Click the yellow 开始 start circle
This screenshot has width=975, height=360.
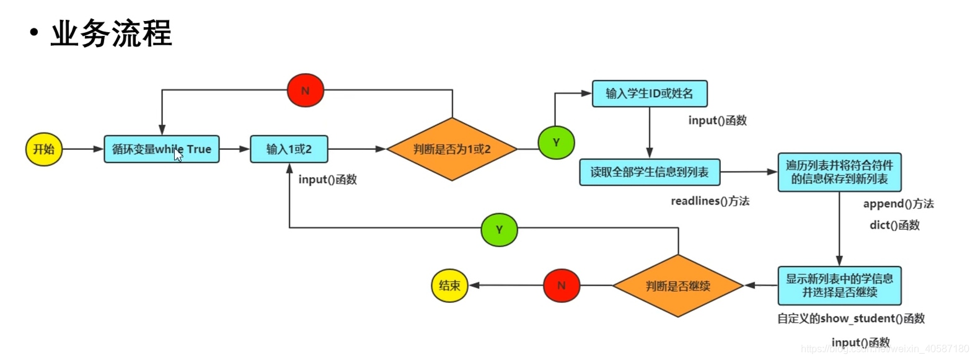tap(44, 149)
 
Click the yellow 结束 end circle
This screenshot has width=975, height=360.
tap(449, 286)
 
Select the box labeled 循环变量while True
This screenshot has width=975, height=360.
tap(161, 149)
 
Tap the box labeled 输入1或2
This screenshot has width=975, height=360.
tap(289, 149)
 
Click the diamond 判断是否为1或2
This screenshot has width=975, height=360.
tap(452, 149)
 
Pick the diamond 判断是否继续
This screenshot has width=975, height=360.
tap(677, 286)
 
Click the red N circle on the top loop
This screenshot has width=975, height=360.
tap(305, 90)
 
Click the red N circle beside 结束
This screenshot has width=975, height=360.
tap(561, 286)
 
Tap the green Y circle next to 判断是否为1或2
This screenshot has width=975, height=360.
tap(556, 143)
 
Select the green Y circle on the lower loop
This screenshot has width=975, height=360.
tap(499, 230)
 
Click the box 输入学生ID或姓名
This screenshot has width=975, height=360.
tap(649, 94)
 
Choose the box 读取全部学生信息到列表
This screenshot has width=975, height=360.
tap(649, 172)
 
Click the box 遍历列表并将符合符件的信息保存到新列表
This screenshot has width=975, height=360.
tap(839, 172)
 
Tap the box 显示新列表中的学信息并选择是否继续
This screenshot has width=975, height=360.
tap(839, 286)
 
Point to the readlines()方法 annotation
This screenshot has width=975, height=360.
tap(710, 201)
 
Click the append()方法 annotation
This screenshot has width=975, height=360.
tap(898, 204)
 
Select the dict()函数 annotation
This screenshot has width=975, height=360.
tap(894, 225)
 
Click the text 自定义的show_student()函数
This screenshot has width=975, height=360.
tap(850, 318)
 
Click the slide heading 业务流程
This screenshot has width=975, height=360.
tap(111, 33)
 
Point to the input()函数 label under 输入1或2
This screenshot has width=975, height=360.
tap(327, 180)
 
